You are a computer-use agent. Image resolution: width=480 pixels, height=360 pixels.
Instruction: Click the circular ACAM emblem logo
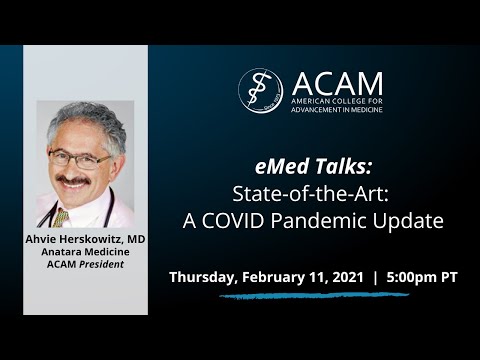(260, 89)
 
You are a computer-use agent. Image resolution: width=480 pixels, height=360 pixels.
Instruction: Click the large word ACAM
(337, 82)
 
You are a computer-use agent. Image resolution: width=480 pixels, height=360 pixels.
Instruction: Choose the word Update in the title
(411, 220)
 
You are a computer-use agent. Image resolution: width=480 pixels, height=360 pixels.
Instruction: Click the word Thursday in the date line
(204, 277)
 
